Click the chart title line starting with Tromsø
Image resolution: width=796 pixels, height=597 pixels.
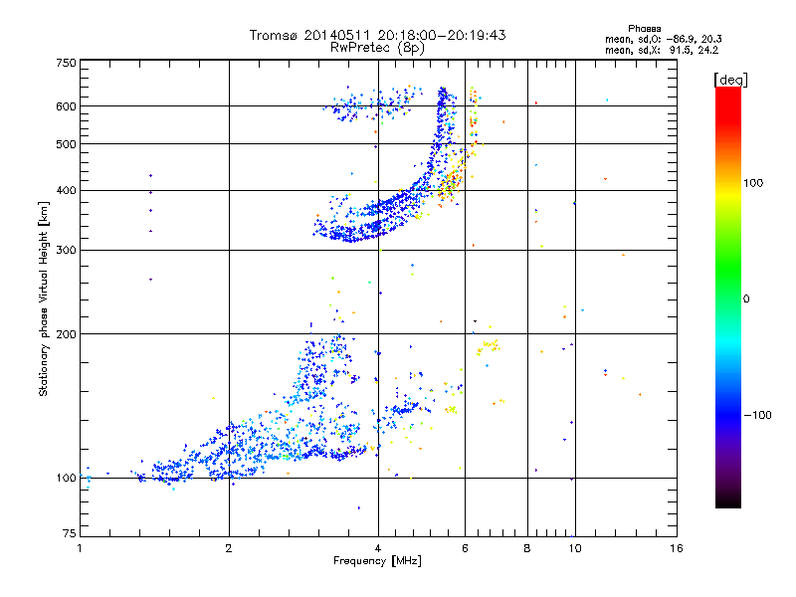coord(378,35)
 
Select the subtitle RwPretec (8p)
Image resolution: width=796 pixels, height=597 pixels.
coord(378,47)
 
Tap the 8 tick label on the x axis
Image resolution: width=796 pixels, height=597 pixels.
coord(527,548)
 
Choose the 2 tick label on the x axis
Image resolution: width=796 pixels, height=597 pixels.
coord(229,548)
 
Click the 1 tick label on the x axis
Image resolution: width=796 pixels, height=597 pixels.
coord(80,548)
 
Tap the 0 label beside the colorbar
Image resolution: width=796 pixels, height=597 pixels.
coord(745,298)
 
